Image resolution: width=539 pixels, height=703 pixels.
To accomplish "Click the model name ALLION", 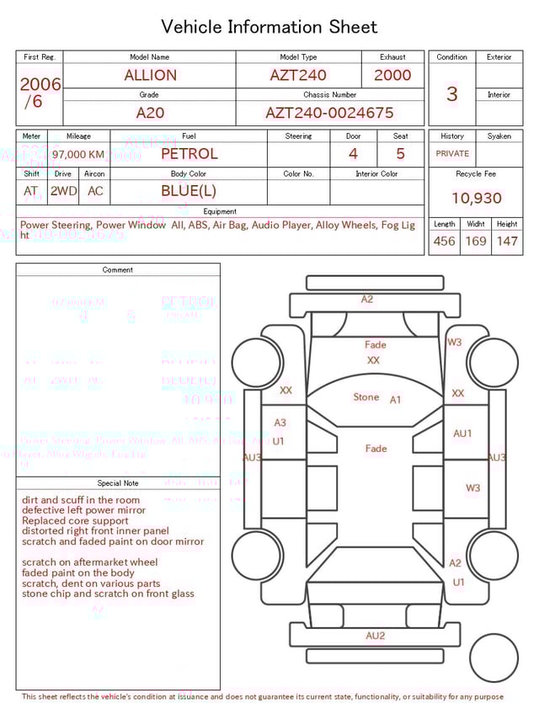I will tap(151, 75).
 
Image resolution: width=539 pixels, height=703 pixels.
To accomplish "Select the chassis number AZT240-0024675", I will tap(329, 113).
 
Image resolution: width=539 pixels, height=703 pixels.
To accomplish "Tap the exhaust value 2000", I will tap(392, 75).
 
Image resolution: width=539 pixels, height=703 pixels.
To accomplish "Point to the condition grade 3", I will tap(451, 93).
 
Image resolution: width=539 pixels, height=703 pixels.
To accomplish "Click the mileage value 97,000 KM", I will tap(78, 154).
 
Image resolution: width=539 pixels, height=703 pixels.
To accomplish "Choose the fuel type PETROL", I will tap(189, 153).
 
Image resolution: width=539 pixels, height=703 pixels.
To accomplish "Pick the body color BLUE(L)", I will tap(189, 191).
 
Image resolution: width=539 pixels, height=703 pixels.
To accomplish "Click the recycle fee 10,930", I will tap(476, 199).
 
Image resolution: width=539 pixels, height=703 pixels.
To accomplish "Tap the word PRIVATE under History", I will tap(452, 154).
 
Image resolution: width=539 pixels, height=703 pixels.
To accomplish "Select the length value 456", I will tap(444, 242).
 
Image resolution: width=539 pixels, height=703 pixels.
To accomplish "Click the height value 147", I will tap(506, 242).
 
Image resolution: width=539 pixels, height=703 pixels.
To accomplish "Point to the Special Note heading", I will tap(118, 483).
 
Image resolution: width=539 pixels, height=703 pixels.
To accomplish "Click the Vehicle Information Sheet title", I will tap(269, 27).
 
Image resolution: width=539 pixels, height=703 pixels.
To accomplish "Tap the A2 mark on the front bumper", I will tap(367, 300).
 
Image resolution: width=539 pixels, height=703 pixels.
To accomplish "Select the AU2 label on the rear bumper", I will tap(375, 636).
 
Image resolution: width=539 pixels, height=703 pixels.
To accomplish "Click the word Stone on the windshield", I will tap(366, 397).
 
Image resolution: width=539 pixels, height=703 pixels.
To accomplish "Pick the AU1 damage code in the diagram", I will tap(462, 434).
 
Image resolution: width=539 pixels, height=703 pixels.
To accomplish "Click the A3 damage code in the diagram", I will tap(280, 423).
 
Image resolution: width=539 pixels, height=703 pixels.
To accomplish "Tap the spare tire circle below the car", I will tap(494, 658).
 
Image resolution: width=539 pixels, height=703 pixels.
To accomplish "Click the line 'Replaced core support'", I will tap(77, 520).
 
